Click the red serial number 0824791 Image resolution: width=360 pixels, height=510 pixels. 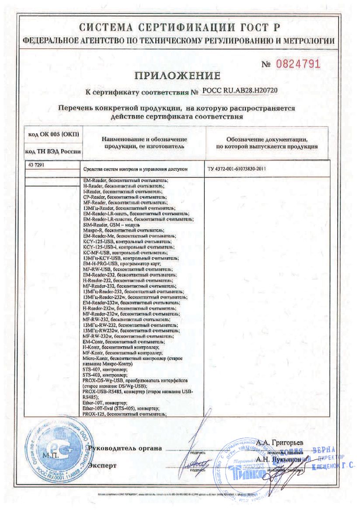tap(297, 64)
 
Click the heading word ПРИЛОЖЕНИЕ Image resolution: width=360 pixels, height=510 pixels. tap(177, 75)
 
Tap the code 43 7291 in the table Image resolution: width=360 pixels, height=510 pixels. tap(36, 165)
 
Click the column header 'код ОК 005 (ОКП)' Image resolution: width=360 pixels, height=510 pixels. tap(53, 134)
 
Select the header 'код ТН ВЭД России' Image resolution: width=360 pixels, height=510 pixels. tap(53, 151)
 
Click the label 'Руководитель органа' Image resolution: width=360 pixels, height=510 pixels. tap(125, 448)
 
